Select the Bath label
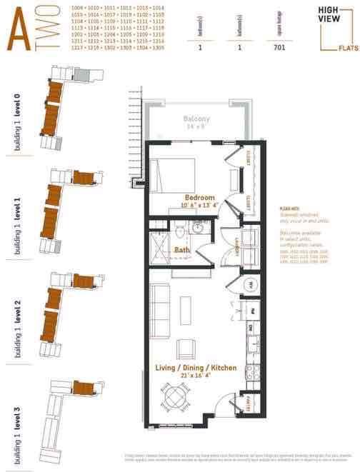click(182, 250)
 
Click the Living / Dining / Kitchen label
click(196, 368)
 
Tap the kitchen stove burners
click(251, 372)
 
